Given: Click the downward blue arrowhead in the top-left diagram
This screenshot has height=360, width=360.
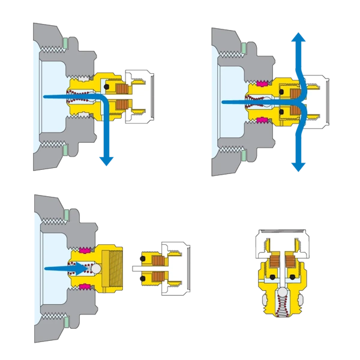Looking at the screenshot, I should (x=107, y=160).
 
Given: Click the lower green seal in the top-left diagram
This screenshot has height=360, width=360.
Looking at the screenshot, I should (x=65, y=146).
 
